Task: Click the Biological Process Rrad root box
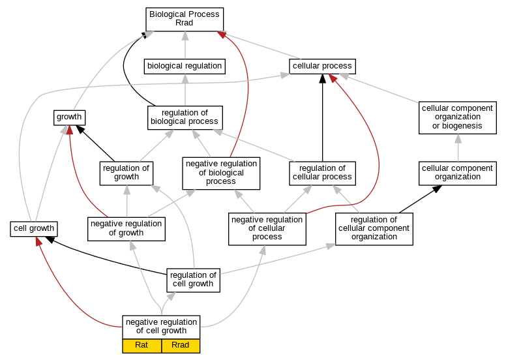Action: (x=185, y=20)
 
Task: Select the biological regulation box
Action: (x=185, y=66)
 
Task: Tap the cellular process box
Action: (x=322, y=66)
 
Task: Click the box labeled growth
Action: (x=69, y=117)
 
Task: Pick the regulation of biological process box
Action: (x=185, y=118)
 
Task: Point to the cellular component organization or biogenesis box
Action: (x=458, y=117)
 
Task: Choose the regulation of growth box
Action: (x=126, y=173)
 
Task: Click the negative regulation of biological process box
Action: (x=221, y=173)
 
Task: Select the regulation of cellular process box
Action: (x=322, y=173)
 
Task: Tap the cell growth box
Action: (x=34, y=229)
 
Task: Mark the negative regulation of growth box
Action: (x=126, y=229)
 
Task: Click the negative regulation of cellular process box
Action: (x=267, y=229)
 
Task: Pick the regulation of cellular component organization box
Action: (x=374, y=229)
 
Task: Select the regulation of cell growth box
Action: (x=193, y=280)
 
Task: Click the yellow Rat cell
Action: (x=141, y=346)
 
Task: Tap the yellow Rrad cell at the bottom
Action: (x=181, y=346)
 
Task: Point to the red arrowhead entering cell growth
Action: (x=38, y=241)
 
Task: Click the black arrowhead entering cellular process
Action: (x=322, y=78)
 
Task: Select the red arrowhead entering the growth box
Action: (x=69, y=130)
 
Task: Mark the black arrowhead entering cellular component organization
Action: (x=437, y=189)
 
